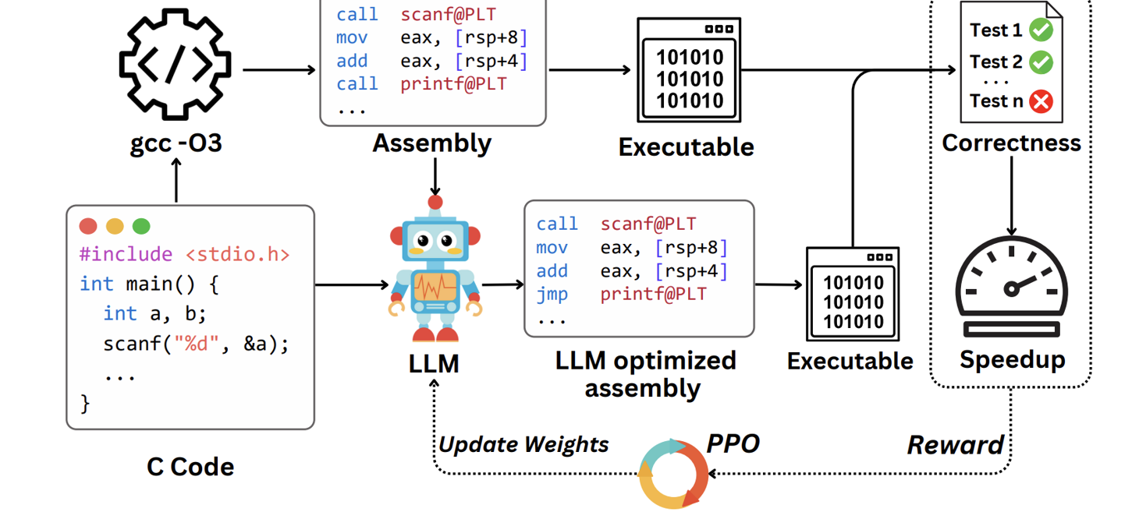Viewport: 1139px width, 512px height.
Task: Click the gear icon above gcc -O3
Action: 175,64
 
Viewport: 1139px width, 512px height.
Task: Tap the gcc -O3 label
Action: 176,143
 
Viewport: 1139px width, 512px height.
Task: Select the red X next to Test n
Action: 1041,101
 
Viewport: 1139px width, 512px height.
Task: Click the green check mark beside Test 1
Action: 1041,30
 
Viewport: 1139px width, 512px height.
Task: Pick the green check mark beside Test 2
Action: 1041,62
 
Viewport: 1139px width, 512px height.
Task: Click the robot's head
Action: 435,238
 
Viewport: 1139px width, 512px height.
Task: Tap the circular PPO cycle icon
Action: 672,474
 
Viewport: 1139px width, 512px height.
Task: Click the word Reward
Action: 955,445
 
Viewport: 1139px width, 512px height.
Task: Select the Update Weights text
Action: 523,444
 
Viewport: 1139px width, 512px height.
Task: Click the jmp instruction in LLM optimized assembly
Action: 552,295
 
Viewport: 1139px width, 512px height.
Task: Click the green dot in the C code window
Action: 141,226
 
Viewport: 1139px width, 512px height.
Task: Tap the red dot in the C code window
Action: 88,226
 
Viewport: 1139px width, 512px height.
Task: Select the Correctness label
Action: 1011,143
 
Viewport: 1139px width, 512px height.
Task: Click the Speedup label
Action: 1012,359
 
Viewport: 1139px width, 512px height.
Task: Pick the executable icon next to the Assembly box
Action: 688,70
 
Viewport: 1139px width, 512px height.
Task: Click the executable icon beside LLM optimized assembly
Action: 853,295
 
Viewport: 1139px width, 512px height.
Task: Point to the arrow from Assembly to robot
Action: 435,175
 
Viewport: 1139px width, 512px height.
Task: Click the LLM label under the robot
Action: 434,363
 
